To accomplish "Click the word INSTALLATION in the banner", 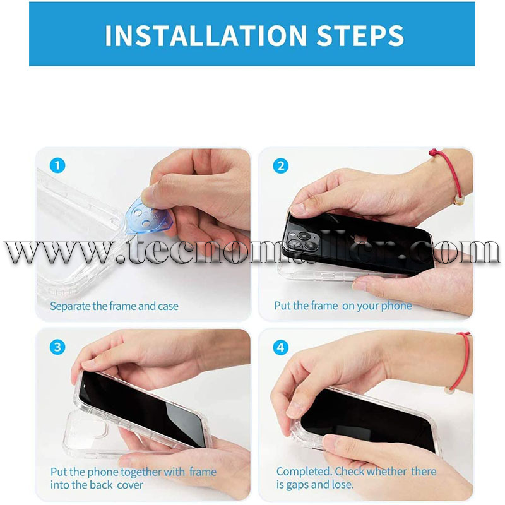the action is [206, 35].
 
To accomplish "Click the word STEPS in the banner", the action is [360, 35].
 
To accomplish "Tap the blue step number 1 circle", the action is [57, 165].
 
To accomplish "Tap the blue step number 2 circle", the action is [280, 165].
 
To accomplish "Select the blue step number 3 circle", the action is [57, 347].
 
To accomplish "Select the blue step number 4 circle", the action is [280, 347].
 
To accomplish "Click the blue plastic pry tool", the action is [146, 217].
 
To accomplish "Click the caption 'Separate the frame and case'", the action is [114, 306].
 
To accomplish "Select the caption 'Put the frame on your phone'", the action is [343, 306].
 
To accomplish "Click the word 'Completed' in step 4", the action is [304, 472].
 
